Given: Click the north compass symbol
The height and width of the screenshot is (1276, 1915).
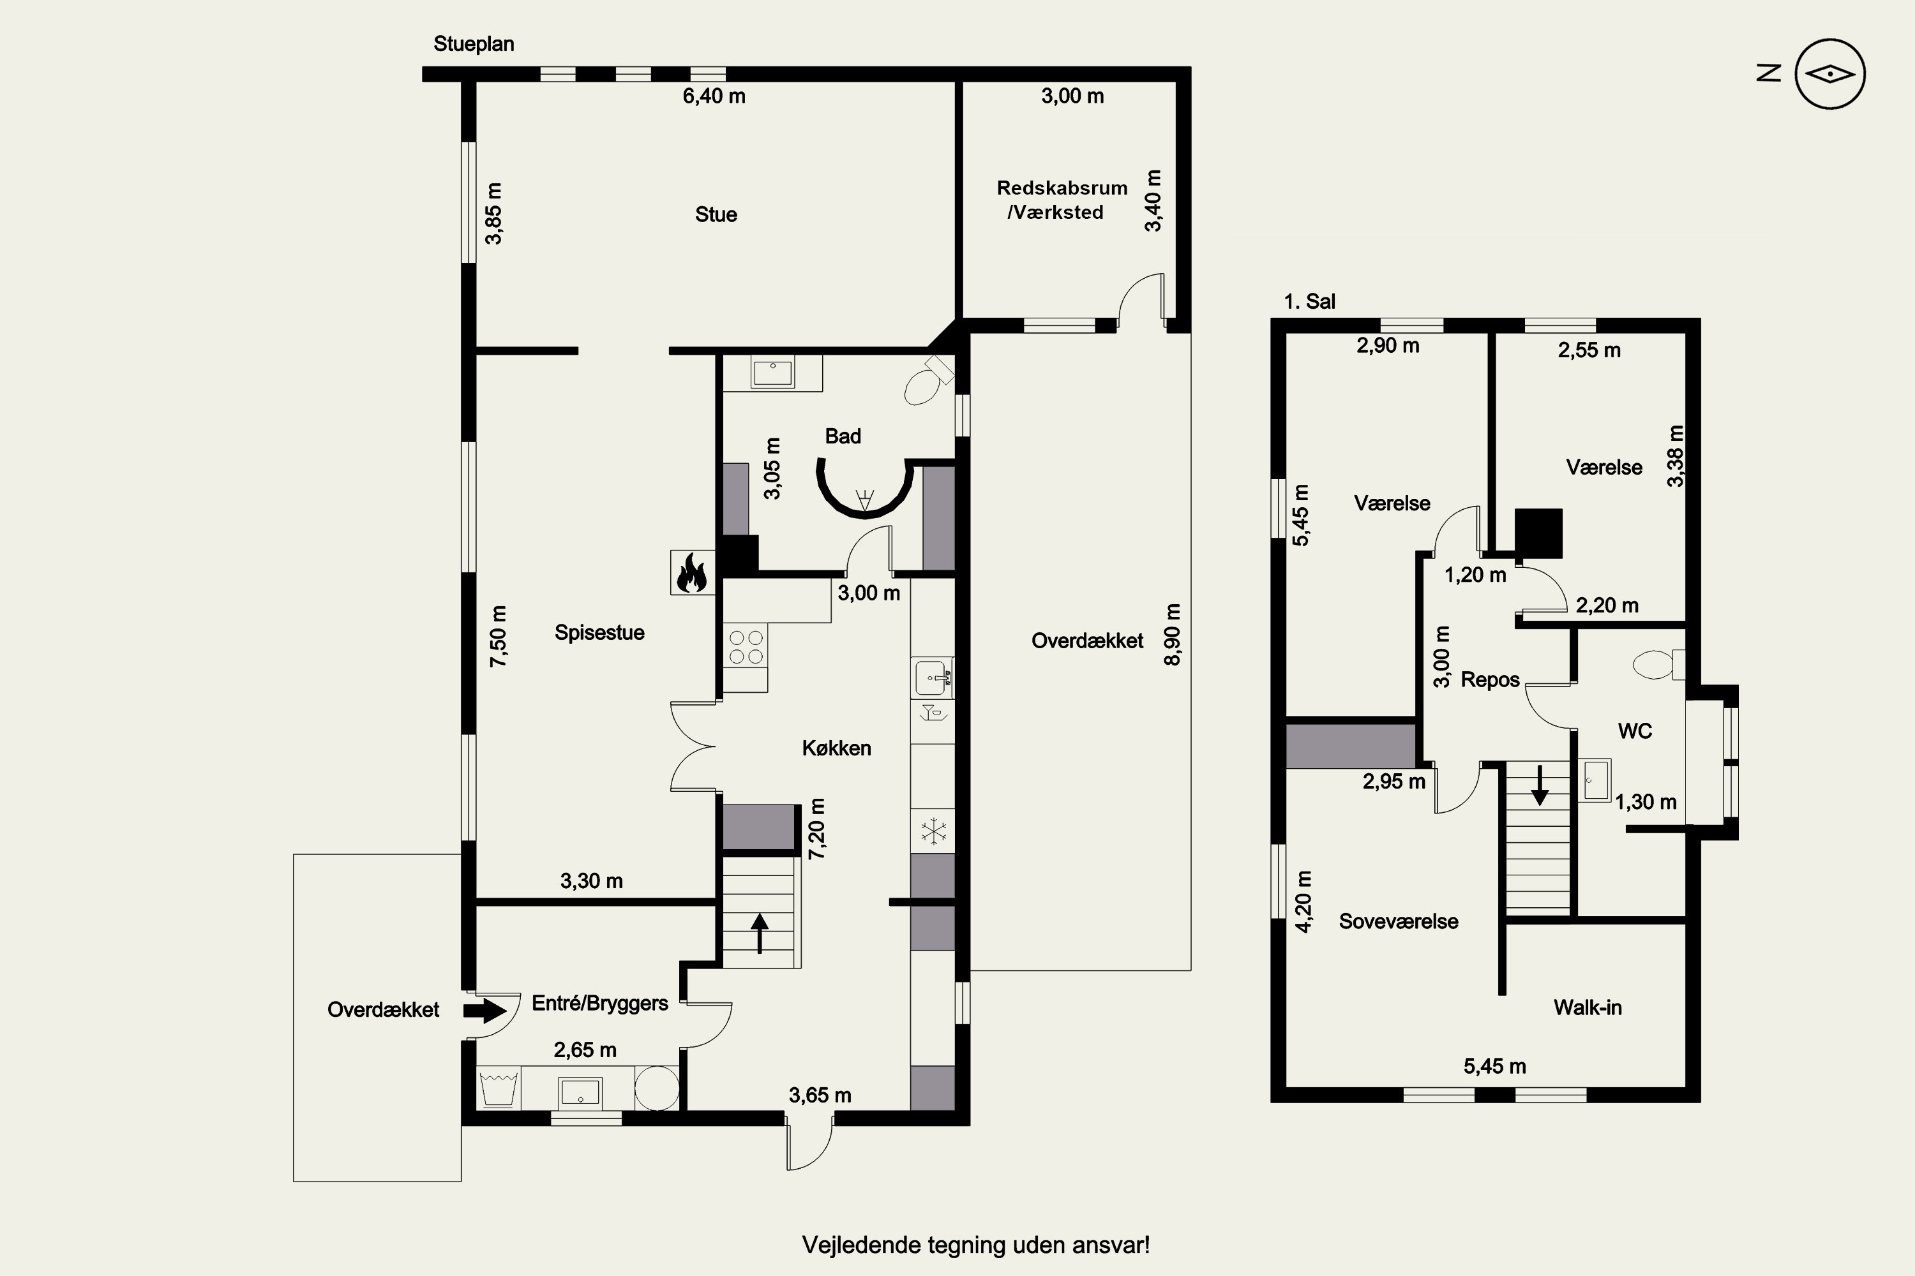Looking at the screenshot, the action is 1829,74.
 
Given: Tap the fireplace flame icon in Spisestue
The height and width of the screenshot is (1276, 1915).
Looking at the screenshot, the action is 692,572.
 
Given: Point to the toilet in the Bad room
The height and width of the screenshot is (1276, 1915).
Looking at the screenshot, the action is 929,380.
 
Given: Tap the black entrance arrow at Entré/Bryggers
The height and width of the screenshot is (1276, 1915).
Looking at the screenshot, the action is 485,1011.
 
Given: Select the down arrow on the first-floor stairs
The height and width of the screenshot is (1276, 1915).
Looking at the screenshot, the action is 1539,785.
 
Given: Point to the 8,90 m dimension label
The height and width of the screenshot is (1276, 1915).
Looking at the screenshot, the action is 1173,634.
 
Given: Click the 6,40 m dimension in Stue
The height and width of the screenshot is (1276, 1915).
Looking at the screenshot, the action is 714,96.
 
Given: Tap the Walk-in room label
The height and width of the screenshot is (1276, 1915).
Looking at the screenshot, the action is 1588,1007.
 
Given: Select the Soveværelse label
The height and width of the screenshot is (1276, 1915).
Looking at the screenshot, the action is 1399,921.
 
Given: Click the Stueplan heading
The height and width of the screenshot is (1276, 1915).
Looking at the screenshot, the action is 474,44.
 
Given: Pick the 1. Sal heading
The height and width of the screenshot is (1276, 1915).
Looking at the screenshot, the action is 1309,302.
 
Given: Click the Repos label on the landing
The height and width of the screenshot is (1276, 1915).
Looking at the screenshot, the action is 1490,680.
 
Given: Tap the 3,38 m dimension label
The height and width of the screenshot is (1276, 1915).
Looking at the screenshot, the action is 1675,456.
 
